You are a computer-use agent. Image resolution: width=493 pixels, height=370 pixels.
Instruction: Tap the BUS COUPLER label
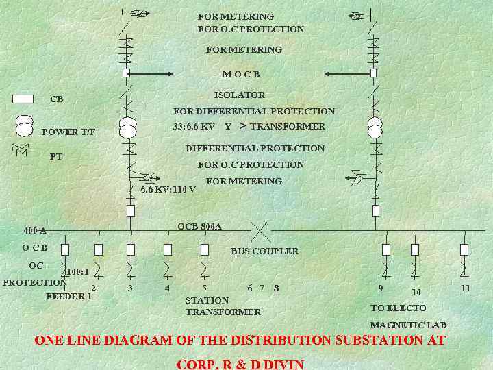click(x=264, y=251)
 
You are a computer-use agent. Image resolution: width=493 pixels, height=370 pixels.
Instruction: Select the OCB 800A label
click(x=199, y=227)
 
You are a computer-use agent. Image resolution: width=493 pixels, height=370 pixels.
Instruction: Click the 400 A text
click(x=35, y=231)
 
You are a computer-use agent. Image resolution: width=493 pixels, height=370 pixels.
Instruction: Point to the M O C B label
click(x=241, y=74)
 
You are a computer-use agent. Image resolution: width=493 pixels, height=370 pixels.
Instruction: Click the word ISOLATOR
click(x=239, y=95)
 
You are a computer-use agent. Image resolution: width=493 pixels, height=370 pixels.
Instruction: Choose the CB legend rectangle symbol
click(x=23, y=99)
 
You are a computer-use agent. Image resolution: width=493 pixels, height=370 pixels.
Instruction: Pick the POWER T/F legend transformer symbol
click(x=24, y=125)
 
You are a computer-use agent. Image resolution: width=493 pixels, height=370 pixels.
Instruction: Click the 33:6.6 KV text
click(x=194, y=127)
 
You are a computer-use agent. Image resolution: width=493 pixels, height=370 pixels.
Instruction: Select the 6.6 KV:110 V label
click(x=168, y=189)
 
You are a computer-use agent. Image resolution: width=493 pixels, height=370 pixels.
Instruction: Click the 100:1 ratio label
click(x=81, y=271)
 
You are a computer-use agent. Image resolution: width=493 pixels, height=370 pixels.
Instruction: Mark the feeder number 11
click(x=466, y=288)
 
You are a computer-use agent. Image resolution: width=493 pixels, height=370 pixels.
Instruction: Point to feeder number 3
click(x=131, y=288)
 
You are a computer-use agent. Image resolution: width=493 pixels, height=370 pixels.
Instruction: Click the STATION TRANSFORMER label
click(x=223, y=306)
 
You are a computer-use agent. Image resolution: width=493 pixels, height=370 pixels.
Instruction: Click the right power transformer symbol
click(x=375, y=127)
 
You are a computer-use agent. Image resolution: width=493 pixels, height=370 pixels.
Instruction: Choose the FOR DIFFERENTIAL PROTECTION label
click(x=254, y=111)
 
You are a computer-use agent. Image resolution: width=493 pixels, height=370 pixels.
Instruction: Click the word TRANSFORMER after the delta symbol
click(x=288, y=127)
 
